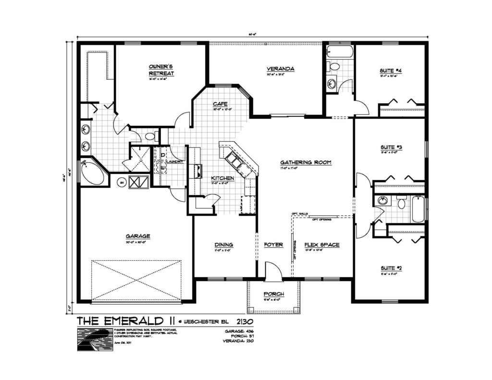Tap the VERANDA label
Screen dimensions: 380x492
click(x=281, y=69)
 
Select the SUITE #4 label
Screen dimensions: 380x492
click(x=391, y=71)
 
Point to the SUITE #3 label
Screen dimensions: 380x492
click(x=390, y=147)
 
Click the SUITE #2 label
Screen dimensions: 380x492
click(x=390, y=268)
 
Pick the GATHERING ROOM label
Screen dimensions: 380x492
click(x=306, y=162)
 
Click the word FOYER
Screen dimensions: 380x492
click(x=273, y=245)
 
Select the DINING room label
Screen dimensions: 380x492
click(x=223, y=245)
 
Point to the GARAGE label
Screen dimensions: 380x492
click(x=138, y=236)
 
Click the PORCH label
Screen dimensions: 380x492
click(x=274, y=294)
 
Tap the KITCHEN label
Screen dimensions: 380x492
click(x=222, y=178)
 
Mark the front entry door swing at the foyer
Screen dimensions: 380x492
click(x=273, y=271)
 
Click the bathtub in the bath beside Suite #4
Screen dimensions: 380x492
click(x=340, y=52)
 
